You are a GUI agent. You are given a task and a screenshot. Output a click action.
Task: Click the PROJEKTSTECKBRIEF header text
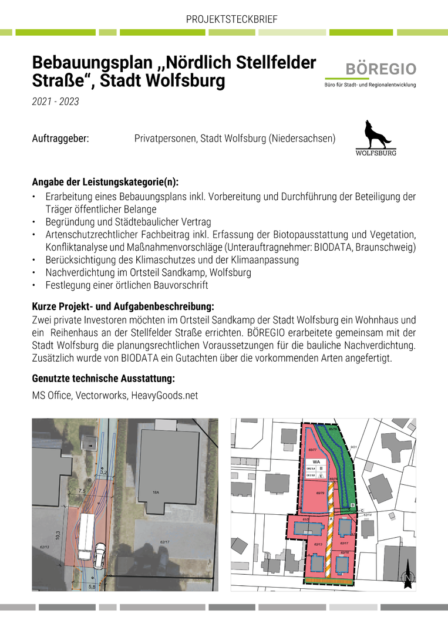[x=231, y=19]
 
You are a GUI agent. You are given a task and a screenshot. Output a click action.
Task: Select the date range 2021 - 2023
[x=55, y=102]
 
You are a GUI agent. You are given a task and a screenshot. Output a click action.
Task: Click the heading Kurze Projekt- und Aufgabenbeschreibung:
[x=122, y=306]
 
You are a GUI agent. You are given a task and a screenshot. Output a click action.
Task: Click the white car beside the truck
[x=100, y=555]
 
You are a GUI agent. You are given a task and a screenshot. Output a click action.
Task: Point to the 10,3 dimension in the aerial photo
[x=58, y=536]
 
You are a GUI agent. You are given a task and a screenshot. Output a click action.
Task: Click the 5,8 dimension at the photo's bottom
[x=92, y=585]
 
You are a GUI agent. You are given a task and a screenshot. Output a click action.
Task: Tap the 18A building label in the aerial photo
[x=156, y=493]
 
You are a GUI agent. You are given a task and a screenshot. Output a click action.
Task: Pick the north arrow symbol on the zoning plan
[x=407, y=578]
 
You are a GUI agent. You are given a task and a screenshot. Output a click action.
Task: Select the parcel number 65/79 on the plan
[x=321, y=493]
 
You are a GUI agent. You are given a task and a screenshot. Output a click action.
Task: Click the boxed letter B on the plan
[x=352, y=505]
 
